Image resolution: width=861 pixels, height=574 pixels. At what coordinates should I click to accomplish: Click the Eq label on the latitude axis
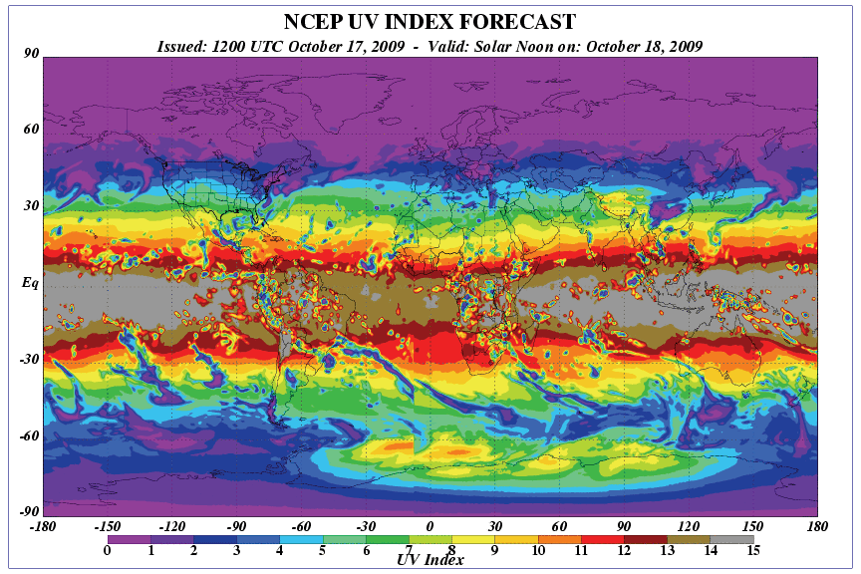(x=30, y=283)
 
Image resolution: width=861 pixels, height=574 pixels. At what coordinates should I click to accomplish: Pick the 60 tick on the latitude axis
(x=31, y=130)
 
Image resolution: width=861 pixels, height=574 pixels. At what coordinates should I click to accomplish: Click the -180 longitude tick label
(x=43, y=526)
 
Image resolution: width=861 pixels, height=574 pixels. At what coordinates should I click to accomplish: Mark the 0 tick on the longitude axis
(x=430, y=526)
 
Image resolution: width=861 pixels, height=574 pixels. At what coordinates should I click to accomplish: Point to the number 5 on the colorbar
(x=322, y=550)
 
